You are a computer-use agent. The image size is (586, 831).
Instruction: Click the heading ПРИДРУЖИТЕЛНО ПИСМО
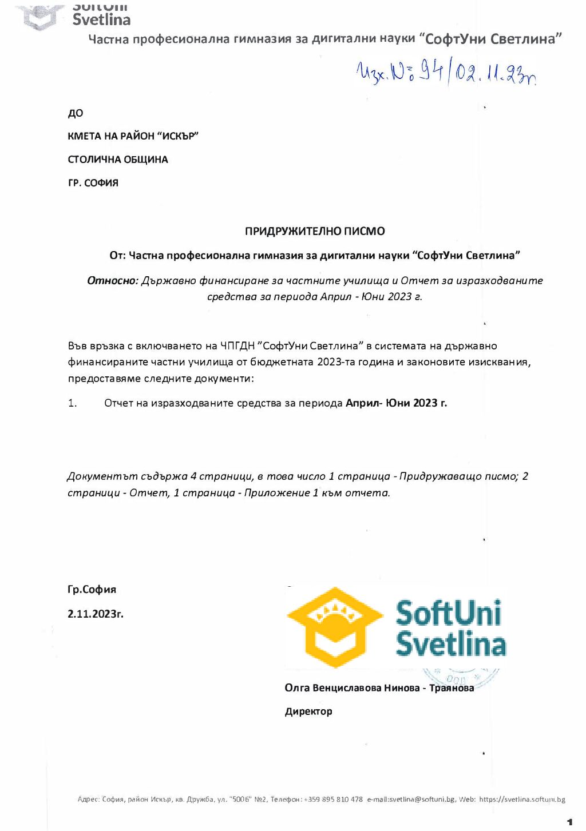(x=315, y=232)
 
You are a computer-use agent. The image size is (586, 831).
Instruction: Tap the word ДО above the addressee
(x=76, y=113)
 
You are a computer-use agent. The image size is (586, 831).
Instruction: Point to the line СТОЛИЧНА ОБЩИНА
(x=118, y=160)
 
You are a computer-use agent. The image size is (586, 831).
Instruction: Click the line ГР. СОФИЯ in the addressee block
(x=93, y=183)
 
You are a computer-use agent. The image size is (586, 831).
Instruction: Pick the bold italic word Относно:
(x=113, y=281)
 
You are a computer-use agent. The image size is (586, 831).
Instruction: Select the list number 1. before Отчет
(x=73, y=403)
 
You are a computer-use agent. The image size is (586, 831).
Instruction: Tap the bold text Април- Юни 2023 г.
(x=396, y=403)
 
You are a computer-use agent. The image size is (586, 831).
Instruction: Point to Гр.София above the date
(x=92, y=590)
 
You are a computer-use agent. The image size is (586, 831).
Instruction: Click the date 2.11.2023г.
(x=96, y=614)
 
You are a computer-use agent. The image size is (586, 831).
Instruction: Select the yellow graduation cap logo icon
(x=335, y=627)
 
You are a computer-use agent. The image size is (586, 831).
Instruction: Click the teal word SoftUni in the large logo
(x=449, y=614)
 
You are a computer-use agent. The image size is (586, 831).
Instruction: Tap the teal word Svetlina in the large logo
(x=451, y=645)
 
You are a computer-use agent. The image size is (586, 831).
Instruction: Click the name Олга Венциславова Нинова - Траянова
(x=379, y=688)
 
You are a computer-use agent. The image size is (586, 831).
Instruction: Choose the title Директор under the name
(x=308, y=711)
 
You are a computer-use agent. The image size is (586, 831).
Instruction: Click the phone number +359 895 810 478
(x=333, y=800)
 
